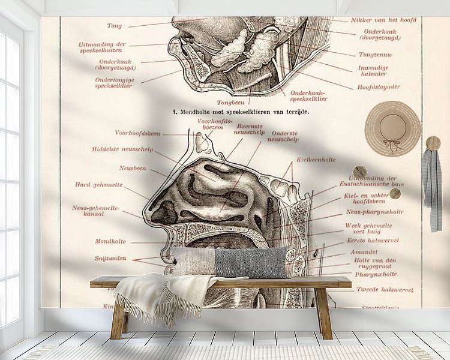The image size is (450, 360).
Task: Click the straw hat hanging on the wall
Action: tap(393, 127)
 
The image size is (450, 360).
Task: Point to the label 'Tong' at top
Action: tap(114, 26)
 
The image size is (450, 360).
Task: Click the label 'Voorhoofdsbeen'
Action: tap(137, 133)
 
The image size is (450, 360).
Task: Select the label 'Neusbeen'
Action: tap(133, 168)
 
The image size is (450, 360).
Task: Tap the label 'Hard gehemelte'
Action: tap(98, 185)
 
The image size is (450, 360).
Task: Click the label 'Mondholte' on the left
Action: tap(110, 241)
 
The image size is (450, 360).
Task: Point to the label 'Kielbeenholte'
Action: tap(316, 160)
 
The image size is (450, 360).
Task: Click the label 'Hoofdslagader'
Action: tap(379, 86)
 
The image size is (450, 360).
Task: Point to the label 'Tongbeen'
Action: tap(229, 102)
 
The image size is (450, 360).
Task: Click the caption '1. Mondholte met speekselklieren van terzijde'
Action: tap(241, 112)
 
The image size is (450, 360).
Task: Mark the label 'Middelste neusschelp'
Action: tap(122, 149)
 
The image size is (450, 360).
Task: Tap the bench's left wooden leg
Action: tap(117, 321)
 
